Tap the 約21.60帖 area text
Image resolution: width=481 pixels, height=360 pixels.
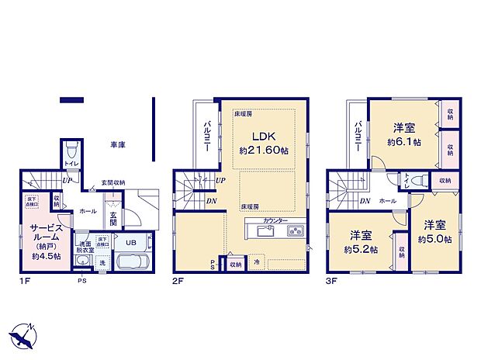pyautogui.click(x=263, y=150)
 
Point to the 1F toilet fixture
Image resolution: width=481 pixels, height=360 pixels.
pyautogui.click(x=71, y=149)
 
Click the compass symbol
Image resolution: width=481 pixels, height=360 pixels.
pyautogui.click(x=23, y=336)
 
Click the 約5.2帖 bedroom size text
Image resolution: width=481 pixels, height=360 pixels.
pyautogui.click(x=362, y=250)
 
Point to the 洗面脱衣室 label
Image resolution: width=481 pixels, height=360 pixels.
pyautogui.click(x=85, y=247)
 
